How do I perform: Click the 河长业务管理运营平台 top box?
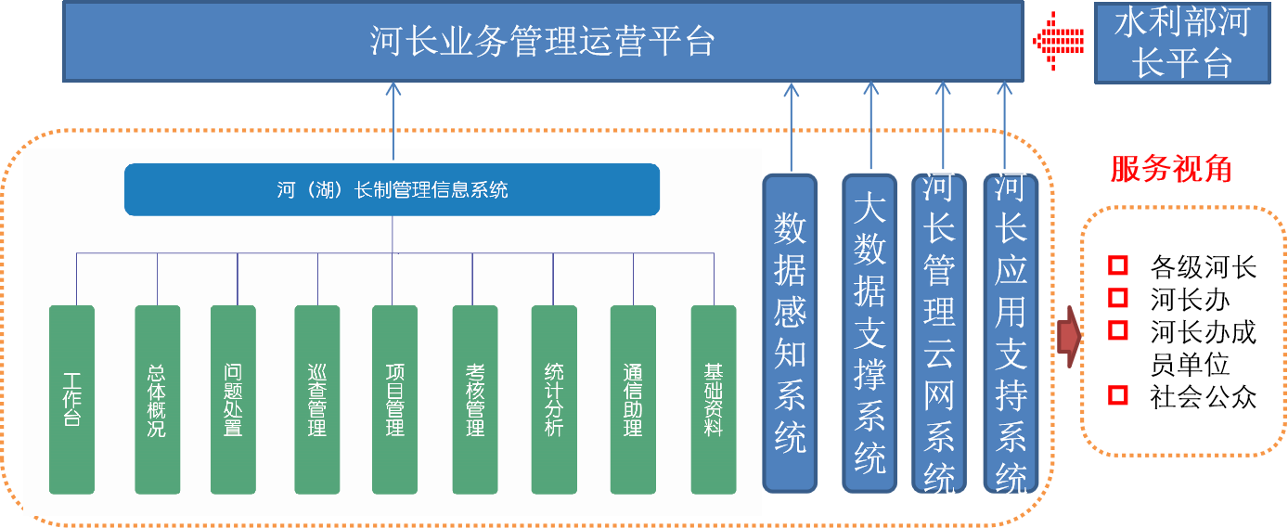click(543, 42)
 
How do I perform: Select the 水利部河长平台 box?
click(1182, 43)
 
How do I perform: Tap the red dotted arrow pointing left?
click(1058, 41)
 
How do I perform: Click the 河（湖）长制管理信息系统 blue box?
click(393, 190)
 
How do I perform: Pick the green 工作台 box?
click(71, 400)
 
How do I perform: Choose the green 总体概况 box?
click(158, 400)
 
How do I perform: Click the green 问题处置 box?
click(233, 400)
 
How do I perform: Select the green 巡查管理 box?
click(316, 400)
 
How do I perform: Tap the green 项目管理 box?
click(394, 400)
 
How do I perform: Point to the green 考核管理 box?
click(475, 400)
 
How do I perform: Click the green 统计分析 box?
click(554, 400)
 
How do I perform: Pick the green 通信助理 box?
click(633, 400)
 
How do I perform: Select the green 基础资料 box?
click(714, 400)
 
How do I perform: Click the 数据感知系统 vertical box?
click(790, 333)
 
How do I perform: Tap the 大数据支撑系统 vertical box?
click(869, 333)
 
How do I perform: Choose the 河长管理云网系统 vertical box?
click(939, 333)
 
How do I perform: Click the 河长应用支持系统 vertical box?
click(1011, 333)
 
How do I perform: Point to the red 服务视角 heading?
click(1171, 169)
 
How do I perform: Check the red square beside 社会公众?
click(1118, 395)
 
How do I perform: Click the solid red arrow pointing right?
click(1069, 337)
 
